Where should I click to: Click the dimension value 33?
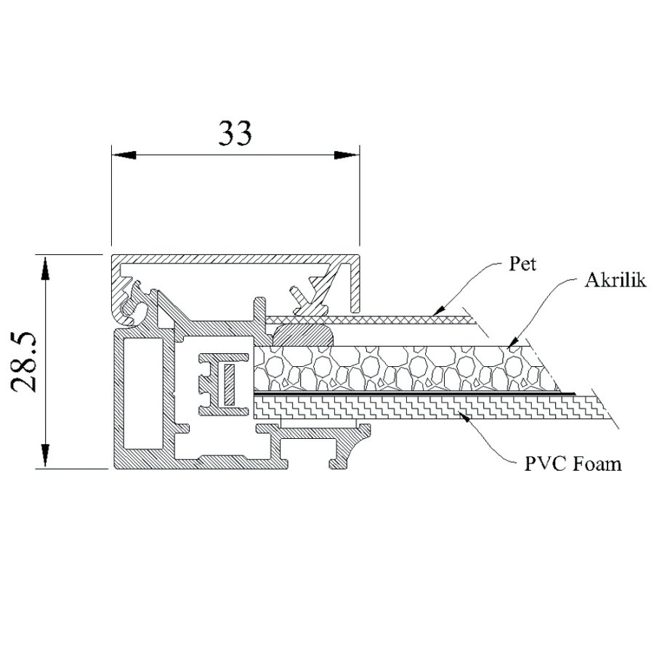(235, 133)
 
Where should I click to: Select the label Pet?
(522, 265)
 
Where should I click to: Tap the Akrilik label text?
(615, 281)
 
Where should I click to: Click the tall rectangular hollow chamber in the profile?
(137, 392)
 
